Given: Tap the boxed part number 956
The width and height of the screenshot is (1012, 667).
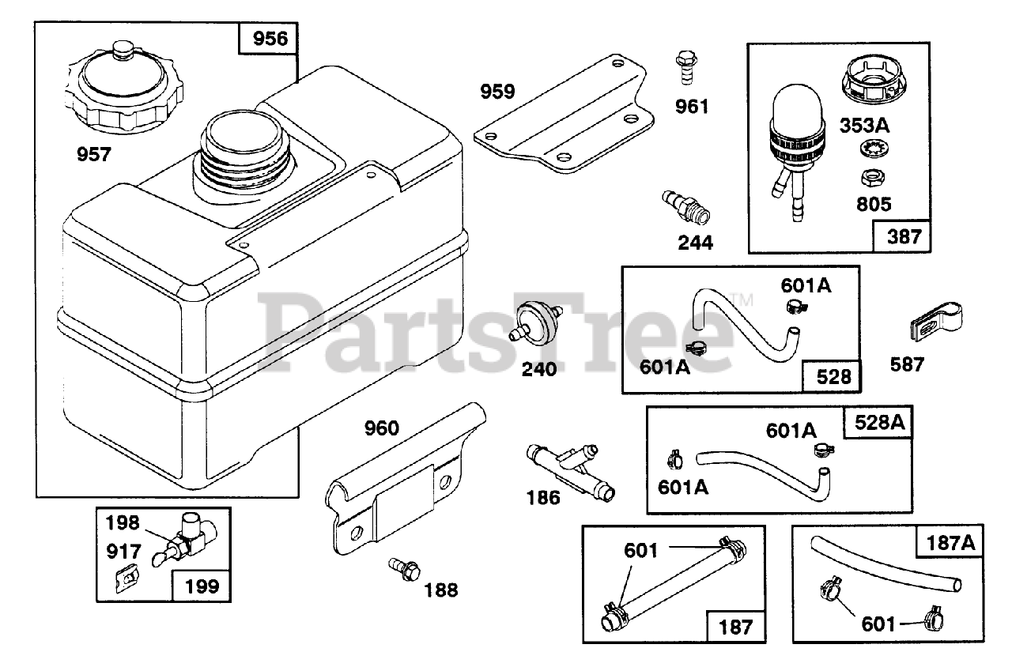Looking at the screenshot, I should point(269,39).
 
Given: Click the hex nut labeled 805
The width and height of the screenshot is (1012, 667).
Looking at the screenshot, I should point(872,178).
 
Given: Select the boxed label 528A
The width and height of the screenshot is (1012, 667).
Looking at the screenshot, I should point(878,422).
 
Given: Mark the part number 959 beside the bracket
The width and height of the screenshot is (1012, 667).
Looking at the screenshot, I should point(498,92).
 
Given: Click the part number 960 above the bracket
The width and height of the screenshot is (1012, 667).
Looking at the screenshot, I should point(382,428).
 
